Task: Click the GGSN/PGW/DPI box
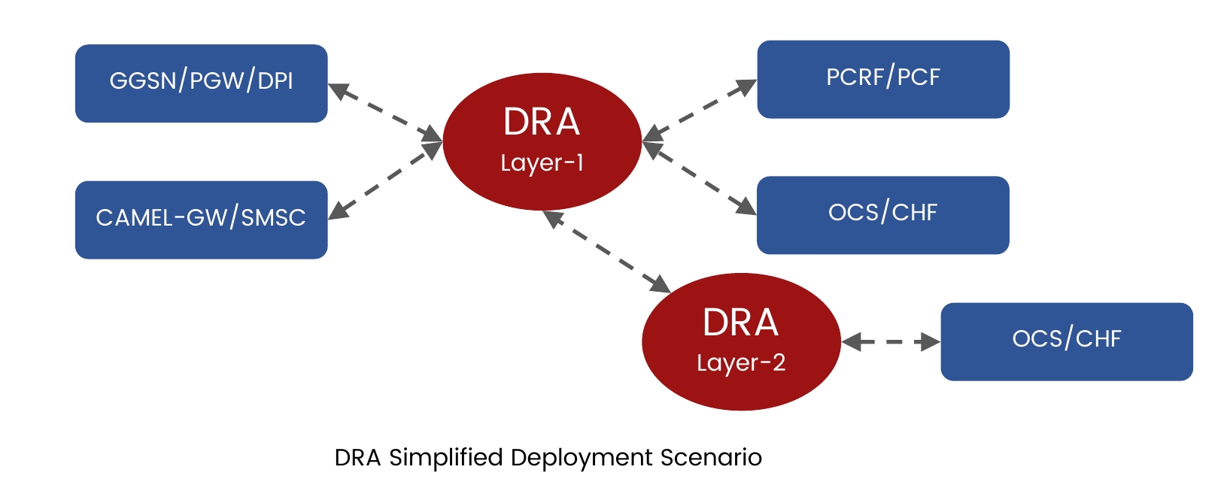(x=201, y=83)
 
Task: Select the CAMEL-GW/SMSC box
(x=201, y=220)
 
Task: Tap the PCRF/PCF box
(x=883, y=79)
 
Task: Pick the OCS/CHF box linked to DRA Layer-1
(x=883, y=215)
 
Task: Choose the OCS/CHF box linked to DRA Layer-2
(x=1067, y=341)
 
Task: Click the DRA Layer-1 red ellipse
(x=542, y=141)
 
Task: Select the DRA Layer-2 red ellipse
(x=741, y=341)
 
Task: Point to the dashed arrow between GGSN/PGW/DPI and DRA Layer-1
(x=385, y=113)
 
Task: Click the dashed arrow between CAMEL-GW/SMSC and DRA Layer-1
(x=385, y=180)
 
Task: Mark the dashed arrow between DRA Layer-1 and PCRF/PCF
(x=699, y=111)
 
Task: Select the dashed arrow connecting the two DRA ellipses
(x=606, y=252)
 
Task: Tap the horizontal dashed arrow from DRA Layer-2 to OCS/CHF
(x=891, y=341)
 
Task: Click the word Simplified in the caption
(x=446, y=458)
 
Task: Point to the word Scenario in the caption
(x=711, y=458)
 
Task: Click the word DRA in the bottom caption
(x=357, y=458)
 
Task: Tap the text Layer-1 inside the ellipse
(x=542, y=163)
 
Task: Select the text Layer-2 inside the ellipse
(x=741, y=363)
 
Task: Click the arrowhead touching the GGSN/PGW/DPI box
(x=339, y=90)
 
